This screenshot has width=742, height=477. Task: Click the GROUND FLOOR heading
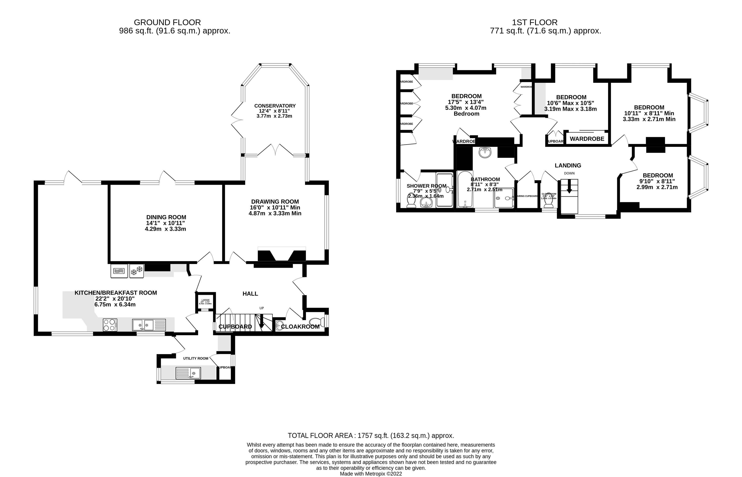pyautogui.click(x=167, y=22)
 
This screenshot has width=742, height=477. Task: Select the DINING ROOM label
pyautogui.click(x=166, y=217)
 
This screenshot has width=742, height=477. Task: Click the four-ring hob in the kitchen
pyautogui.click(x=110, y=325)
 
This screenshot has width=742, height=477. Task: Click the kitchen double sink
pyautogui.click(x=149, y=325)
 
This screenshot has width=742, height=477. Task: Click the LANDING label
pyautogui.click(x=568, y=165)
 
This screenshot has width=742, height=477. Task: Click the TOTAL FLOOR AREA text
pyautogui.click(x=371, y=436)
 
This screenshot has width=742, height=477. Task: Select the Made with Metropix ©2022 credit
pyautogui.click(x=371, y=474)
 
